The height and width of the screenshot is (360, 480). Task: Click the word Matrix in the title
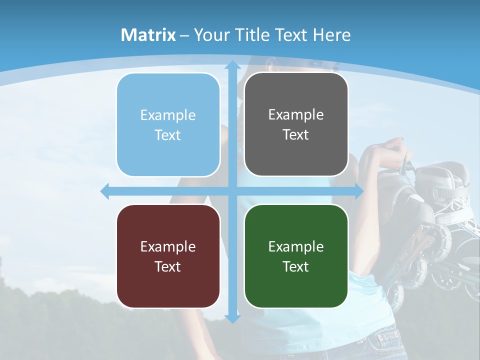click(148, 35)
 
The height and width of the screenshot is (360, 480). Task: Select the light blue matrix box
click(168, 125)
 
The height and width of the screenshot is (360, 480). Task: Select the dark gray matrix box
click(296, 124)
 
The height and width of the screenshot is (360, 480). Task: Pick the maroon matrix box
click(168, 256)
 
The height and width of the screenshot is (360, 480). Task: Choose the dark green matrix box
click(296, 256)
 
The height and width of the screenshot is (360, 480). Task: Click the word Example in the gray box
click(296, 115)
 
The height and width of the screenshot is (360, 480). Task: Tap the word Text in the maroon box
click(167, 266)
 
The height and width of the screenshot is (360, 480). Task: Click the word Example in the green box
click(296, 246)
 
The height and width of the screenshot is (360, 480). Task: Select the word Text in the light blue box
click(167, 135)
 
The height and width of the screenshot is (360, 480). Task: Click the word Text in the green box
click(296, 266)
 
